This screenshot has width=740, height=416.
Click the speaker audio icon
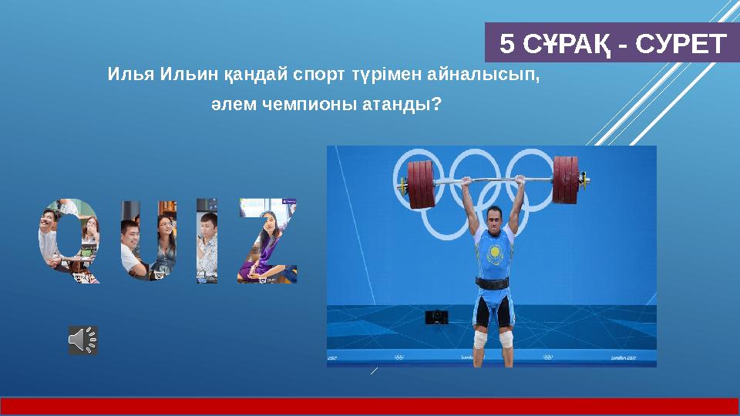coord(83,340)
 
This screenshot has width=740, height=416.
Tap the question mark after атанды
coord(437,103)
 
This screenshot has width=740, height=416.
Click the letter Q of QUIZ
coord(69,241)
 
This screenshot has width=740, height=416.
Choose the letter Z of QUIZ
coord(267,241)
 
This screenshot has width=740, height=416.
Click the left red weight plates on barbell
coord(422,185)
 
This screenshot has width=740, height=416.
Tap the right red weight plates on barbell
coord(566,180)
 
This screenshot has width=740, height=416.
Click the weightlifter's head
coord(491,216)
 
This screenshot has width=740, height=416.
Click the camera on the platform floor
coord(436,317)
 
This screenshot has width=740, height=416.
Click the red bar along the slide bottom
coord(370,406)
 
